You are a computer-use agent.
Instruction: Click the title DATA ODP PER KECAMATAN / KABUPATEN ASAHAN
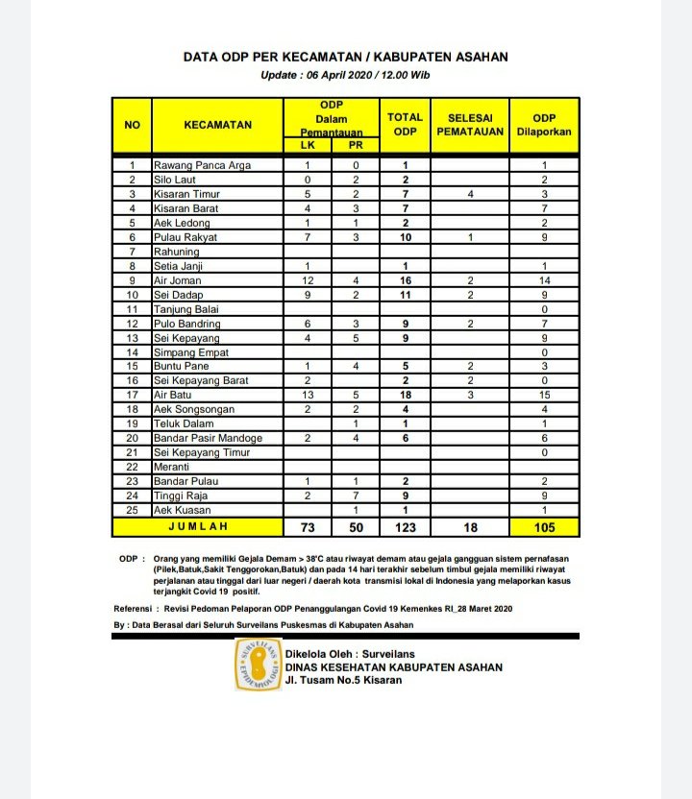(x=346, y=58)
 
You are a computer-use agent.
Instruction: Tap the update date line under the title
(x=346, y=75)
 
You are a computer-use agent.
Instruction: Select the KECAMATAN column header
(x=218, y=125)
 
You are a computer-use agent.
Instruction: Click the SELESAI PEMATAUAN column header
(x=470, y=124)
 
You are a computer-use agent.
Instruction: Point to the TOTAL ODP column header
(x=405, y=124)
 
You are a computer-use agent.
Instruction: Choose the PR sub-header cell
(x=355, y=146)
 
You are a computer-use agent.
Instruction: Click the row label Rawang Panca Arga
(x=202, y=165)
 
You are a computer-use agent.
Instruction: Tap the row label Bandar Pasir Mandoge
(x=208, y=438)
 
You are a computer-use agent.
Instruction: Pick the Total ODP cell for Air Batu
(x=405, y=395)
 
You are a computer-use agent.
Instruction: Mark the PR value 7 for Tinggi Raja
(x=355, y=496)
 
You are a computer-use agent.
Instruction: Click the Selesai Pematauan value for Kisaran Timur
(x=470, y=194)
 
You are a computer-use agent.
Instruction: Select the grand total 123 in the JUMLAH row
(x=405, y=527)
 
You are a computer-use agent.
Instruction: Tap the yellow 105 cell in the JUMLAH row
(x=544, y=527)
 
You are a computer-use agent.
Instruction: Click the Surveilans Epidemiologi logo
(x=259, y=666)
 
